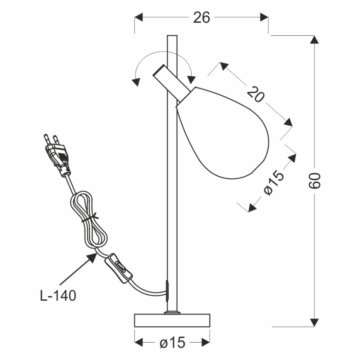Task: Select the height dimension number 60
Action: tap(315, 180)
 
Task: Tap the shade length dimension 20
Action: tap(256, 94)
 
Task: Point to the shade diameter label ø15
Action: tap(274, 183)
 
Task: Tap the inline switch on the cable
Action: tap(119, 268)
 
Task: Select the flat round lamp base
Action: tap(172, 321)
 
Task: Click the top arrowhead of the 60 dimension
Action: tap(315, 40)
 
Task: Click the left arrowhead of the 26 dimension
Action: tap(139, 17)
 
